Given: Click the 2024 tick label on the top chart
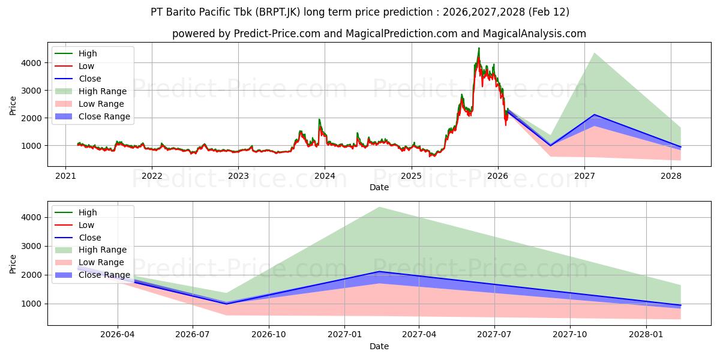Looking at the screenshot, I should [x=325, y=176].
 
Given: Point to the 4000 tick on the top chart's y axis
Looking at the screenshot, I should [x=33, y=62].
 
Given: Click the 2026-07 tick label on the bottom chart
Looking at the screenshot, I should [x=193, y=335].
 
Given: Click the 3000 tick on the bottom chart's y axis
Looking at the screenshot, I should [x=33, y=246].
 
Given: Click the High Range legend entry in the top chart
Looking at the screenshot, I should [x=103, y=91].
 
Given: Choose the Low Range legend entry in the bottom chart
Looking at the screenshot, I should [x=102, y=262].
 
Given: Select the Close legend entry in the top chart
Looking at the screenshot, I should [x=90, y=79].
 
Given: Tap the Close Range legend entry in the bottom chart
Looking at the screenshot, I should [x=104, y=275].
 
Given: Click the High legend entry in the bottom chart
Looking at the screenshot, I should [x=88, y=212].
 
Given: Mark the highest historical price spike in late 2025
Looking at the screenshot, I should [x=479, y=48].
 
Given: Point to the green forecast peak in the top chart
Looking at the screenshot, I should [x=594, y=53].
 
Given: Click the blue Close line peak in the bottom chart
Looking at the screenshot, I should [x=379, y=272].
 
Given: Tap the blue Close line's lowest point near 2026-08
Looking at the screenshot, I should [x=226, y=304].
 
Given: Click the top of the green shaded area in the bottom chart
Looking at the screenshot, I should [x=379, y=207].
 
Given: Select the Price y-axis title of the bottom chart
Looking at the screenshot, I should [x=13, y=263].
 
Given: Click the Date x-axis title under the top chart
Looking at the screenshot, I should [x=379, y=187].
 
